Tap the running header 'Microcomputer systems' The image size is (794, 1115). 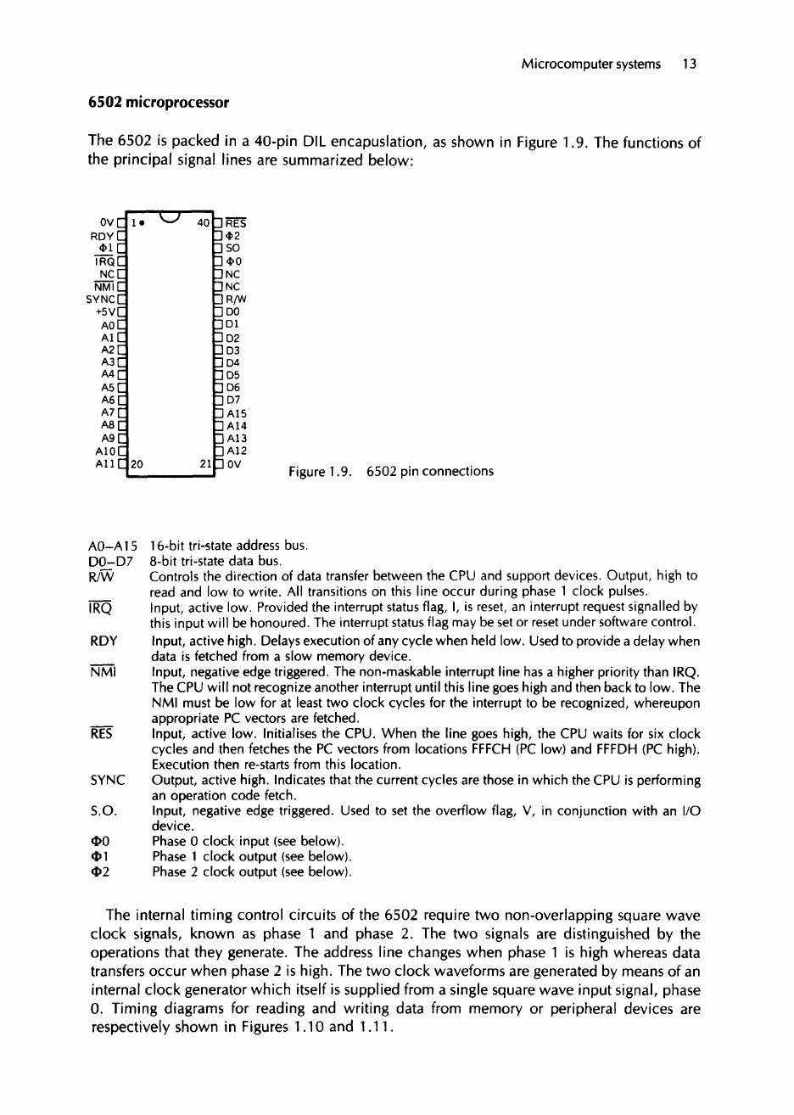[x=591, y=64]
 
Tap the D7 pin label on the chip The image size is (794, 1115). [x=232, y=399]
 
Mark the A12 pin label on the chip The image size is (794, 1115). [x=235, y=451]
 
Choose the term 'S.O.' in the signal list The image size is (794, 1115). [x=102, y=811]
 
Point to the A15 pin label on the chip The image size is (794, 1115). [x=235, y=412]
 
